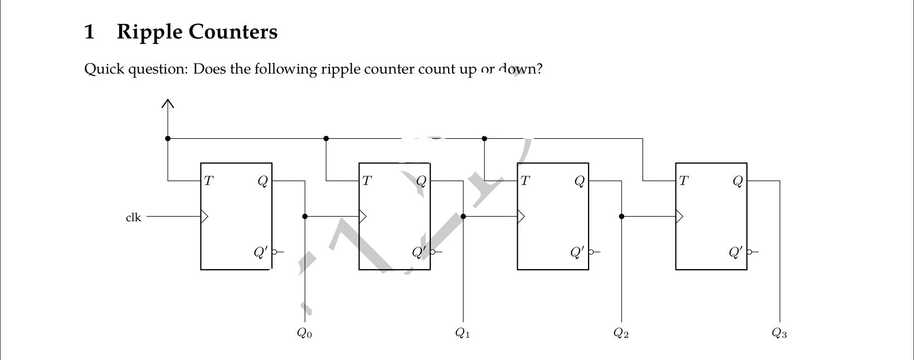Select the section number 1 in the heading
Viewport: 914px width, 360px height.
click(x=89, y=32)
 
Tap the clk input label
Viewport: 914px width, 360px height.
click(x=133, y=217)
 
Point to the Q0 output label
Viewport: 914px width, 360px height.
click(x=304, y=333)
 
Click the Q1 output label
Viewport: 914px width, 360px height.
click(x=463, y=333)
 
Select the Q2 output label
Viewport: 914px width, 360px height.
click(x=621, y=333)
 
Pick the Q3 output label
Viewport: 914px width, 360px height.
click(x=779, y=333)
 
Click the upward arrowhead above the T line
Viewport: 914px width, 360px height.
click(x=168, y=103)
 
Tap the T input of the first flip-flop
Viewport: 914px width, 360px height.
click(x=208, y=181)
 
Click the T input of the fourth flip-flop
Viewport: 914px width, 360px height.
click(x=683, y=181)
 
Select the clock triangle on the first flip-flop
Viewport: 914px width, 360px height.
click(x=204, y=216)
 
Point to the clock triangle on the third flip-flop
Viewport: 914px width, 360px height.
click(x=521, y=216)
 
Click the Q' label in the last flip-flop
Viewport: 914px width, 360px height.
click(x=736, y=252)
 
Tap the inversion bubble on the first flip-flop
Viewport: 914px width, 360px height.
click(x=274, y=252)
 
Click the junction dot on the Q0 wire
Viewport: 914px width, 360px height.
click(x=305, y=216)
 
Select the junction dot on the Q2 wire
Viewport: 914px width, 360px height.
click(x=621, y=216)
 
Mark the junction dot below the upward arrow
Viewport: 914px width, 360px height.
click(x=168, y=138)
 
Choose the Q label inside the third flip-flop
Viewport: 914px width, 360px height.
click(x=580, y=181)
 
